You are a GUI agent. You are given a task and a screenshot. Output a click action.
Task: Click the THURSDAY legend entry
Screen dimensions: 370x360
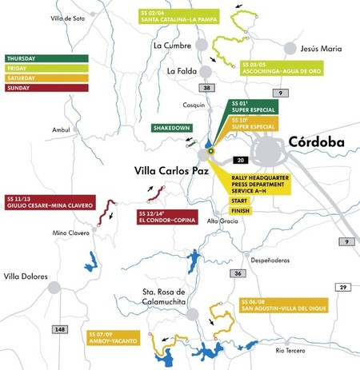point(27,58)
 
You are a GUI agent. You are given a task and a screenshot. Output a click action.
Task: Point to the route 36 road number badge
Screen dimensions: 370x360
point(238,273)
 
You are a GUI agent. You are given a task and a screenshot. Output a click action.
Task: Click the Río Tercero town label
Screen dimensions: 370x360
point(290,350)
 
